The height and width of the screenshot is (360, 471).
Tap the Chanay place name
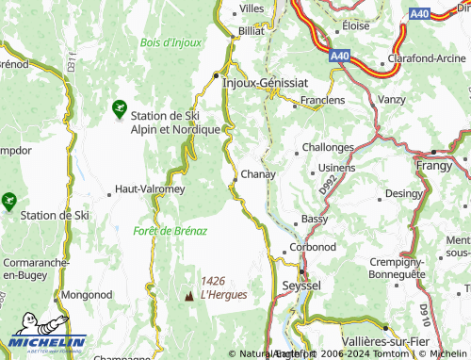257,174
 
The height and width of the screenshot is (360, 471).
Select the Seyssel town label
301,285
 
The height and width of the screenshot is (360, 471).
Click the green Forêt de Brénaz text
170,230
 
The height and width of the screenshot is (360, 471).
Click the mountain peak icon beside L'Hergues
188,295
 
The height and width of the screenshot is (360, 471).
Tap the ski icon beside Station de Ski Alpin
119,109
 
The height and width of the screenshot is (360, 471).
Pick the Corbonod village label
314,247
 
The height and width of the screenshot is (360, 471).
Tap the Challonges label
328,148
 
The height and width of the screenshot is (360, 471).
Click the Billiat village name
252,30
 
